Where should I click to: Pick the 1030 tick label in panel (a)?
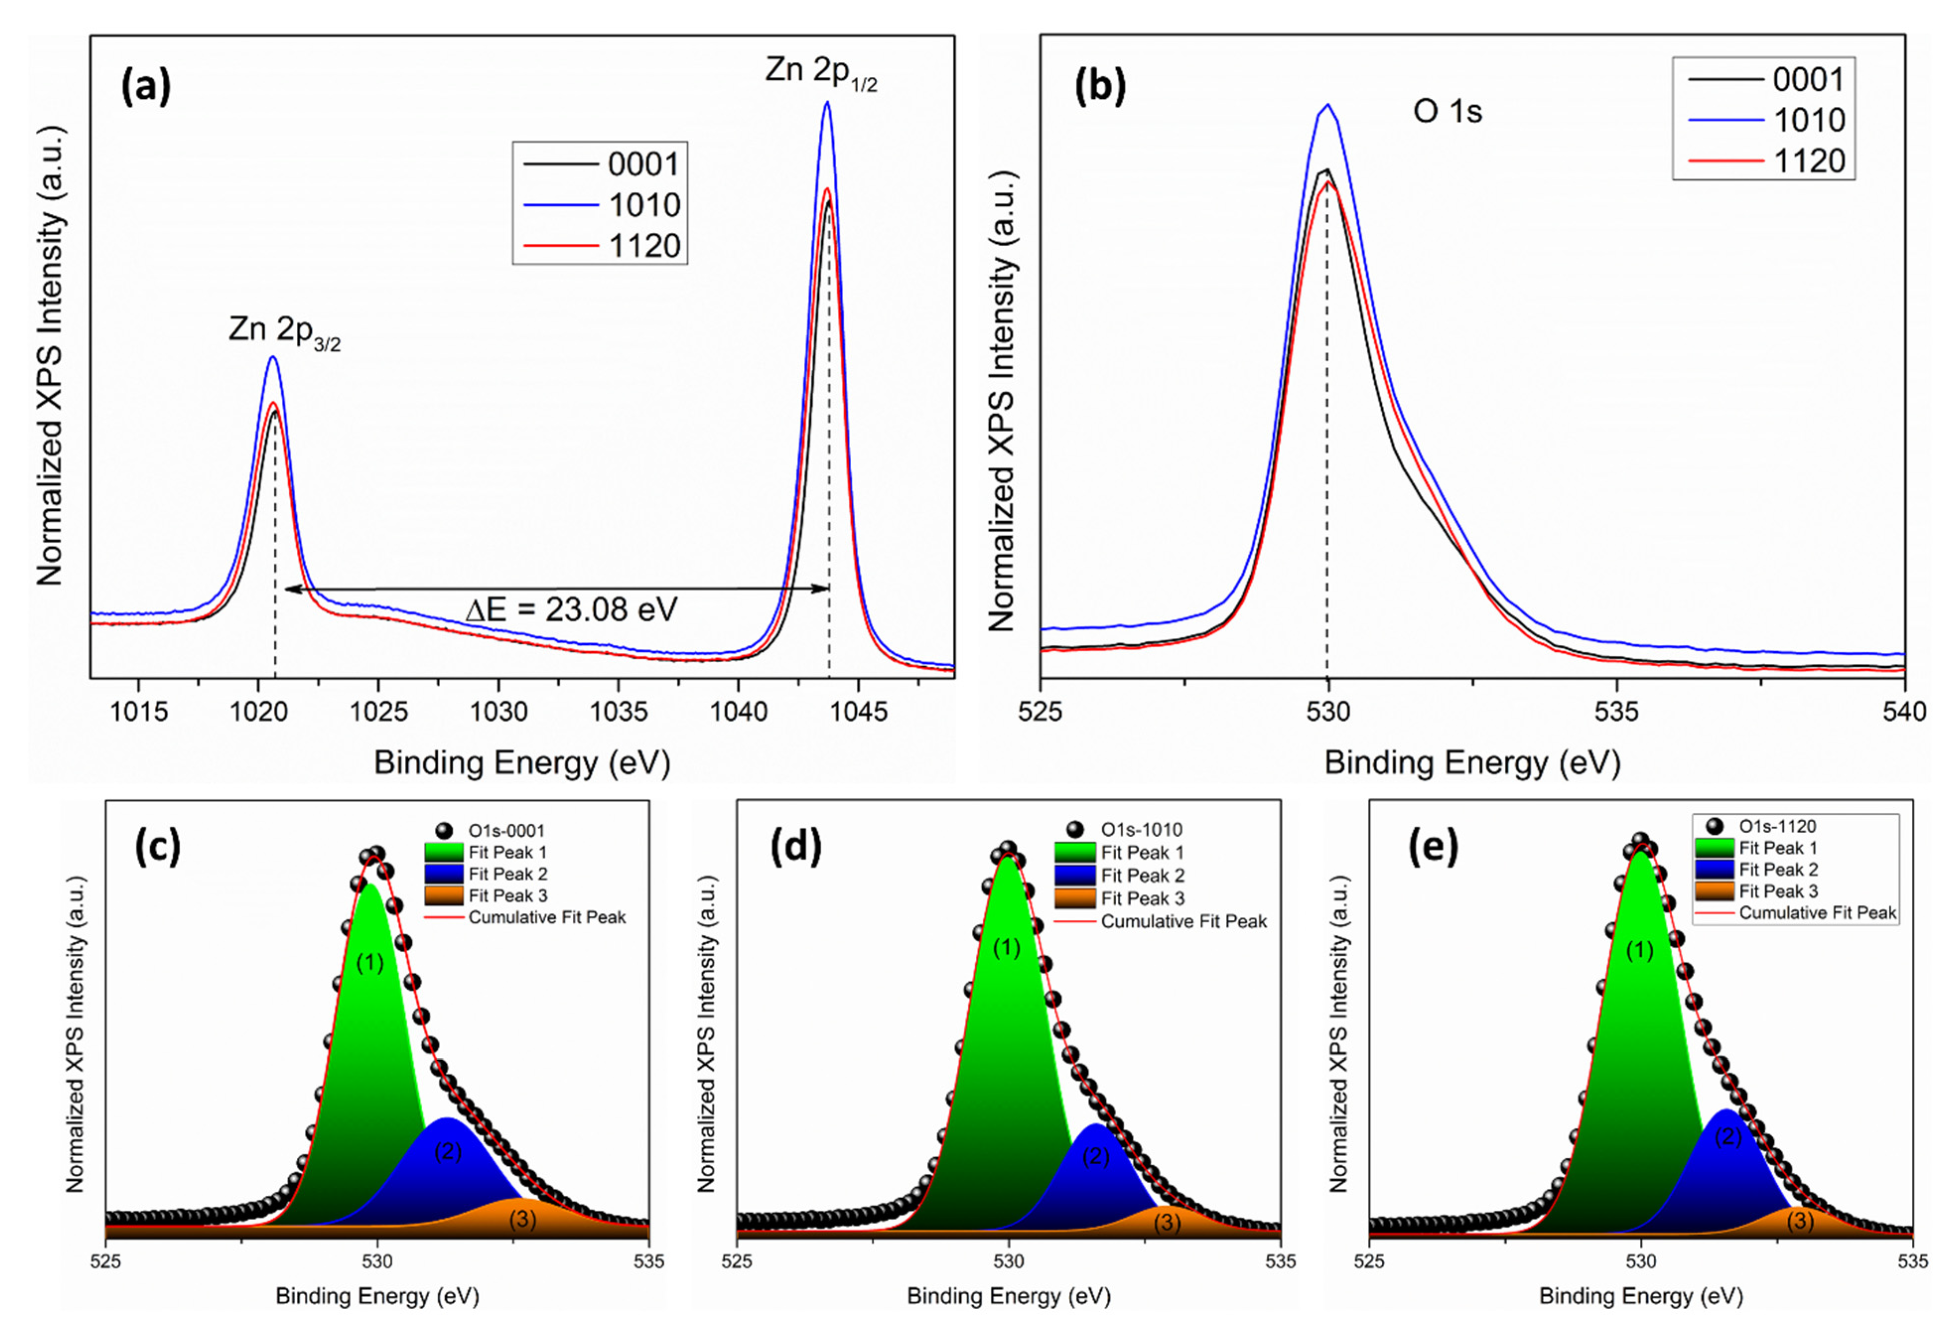tap(498, 712)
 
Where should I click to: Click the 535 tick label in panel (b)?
tap(1616, 712)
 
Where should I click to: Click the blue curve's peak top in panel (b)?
tap(1328, 106)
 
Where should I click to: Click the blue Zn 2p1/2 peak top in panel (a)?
tap(826, 103)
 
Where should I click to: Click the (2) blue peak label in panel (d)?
tap(1095, 1157)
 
